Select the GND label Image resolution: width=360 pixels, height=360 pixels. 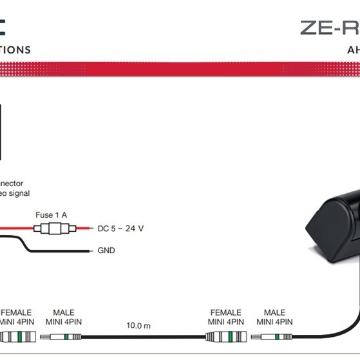106,250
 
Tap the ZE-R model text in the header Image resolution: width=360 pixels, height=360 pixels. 329,28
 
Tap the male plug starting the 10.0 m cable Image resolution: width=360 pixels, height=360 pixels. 63,336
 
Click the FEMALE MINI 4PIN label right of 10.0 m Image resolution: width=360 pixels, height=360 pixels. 225,317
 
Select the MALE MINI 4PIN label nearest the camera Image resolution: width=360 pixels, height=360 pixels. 274,317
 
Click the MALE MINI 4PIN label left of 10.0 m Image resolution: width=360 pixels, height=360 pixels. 63,317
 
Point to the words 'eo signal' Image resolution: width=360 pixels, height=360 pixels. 14,193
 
